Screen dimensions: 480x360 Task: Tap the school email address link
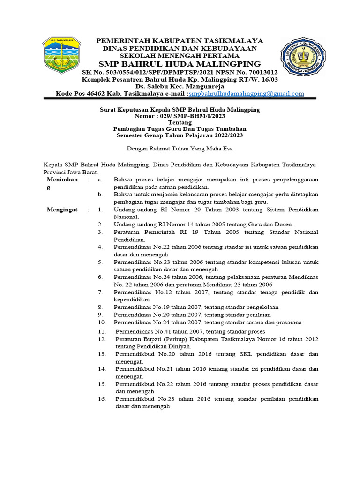tap(246, 94)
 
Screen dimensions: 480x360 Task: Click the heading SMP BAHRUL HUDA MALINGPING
tap(180, 64)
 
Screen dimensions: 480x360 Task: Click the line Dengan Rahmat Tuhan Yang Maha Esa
tap(180, 149)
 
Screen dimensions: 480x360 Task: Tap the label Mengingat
tap(62, 210)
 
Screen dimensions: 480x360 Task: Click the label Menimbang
tap(62, 183)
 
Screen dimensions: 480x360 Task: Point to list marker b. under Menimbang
tap(100, 194)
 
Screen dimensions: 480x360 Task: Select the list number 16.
tap(102, 399)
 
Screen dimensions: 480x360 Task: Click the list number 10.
tap(102, 322)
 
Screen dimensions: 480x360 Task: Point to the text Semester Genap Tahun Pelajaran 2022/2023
tap(180, 135)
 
